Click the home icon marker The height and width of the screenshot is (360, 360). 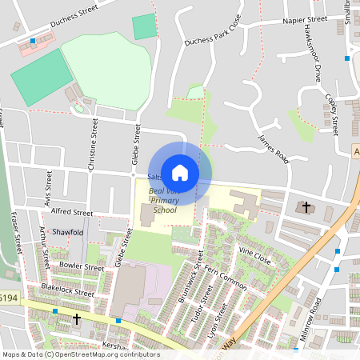coord(180,172)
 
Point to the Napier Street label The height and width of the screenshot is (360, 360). coord(305,18)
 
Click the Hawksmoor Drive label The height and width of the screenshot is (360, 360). coord(313,64)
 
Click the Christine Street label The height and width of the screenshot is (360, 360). coord(94,144)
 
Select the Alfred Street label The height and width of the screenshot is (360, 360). coord(72,213)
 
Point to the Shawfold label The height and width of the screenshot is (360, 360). coord(67,232)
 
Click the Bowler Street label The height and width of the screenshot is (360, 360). coord(82,265)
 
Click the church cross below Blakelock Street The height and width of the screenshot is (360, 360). coord(77,319)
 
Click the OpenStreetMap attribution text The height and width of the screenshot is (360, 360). coord(80,354)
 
